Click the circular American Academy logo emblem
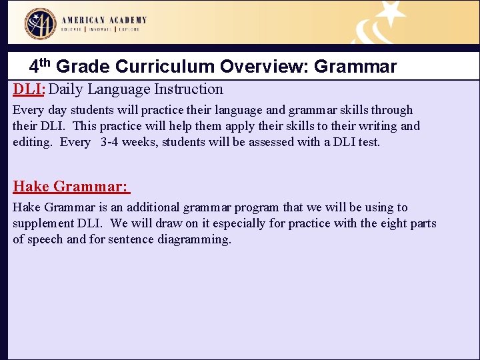[x=40, y=24]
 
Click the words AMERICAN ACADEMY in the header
[x=105, y=20]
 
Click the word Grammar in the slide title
[x=355, y=67]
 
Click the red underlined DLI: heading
[x=29, y=89]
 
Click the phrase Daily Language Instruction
[x=136, y=89]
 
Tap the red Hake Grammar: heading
[x=71, y=186]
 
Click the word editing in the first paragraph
[x=31, y=142]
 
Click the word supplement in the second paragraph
[x=42, y=223]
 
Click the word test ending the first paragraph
[x=369, y=142]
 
